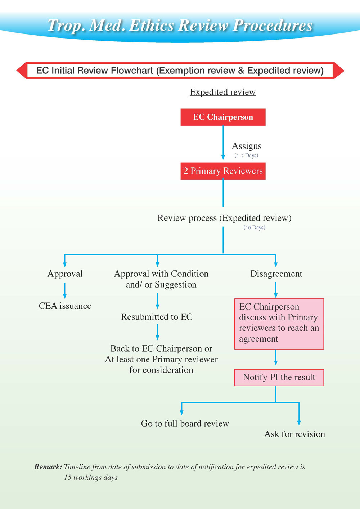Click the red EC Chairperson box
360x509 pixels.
tap(223, 117)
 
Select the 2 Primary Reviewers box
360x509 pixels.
tap(223, 171)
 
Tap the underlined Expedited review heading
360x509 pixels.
tap(223, 92)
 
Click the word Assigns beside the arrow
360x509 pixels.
tap(247, 146)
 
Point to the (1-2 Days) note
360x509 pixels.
tap(246, 156)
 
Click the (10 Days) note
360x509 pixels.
tap(254, 228)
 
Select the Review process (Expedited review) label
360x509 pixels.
tap(224, 218)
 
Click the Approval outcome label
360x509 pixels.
tap(65, 274)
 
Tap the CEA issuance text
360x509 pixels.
tap(65, 306)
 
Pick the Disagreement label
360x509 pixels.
tap(276, 274)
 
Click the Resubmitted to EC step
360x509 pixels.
tap(157, 317)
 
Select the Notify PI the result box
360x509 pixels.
tap(279, 378)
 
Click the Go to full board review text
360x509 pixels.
tap(185, 423)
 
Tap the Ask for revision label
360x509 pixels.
tap(294, 434)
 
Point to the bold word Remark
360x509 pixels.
tap(48, 467)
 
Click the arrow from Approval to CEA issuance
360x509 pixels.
tap(65, 290)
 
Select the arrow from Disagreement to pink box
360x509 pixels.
tap(276, 290)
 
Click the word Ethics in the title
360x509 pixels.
tap(152, 25)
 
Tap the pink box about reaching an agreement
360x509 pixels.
tap(279, 324)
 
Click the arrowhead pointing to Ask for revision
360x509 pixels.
tap(299, 423)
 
